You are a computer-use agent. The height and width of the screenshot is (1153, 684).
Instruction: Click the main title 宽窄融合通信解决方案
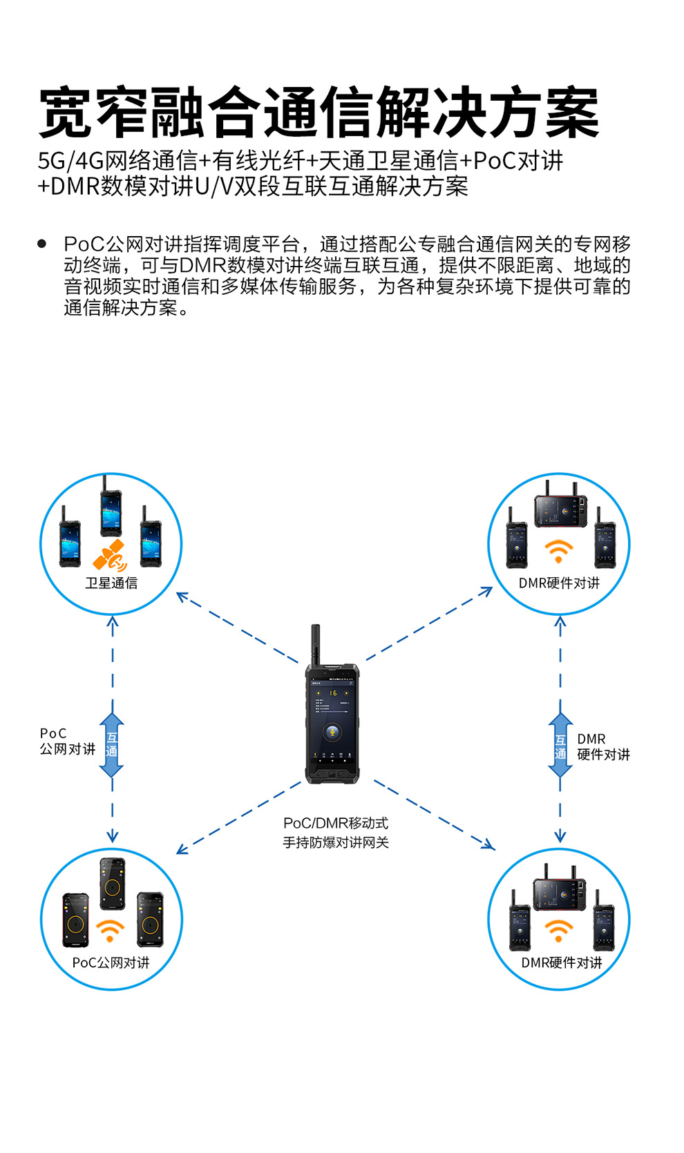(x=319, y=113)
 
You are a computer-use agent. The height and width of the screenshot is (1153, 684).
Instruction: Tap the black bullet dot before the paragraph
(x=42, y=244)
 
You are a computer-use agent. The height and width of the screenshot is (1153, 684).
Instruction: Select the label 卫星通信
(x=111, y=583)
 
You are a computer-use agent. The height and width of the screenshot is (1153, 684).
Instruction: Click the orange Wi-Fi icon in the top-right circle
(x=558, y=551)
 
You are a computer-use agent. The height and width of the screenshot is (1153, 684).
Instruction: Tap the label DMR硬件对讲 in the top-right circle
(x=559, y=583)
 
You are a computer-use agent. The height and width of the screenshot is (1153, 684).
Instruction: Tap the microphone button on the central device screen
(x=332, y=732)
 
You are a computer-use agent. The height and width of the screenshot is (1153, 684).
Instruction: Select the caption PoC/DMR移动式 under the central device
(x=336, y=823)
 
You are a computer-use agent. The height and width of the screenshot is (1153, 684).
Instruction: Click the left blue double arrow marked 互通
(x=112, y=745)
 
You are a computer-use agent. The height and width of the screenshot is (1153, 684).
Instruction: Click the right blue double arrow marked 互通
(x=560, y=746)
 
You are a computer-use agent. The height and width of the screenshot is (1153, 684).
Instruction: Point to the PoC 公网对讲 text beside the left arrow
(x=67, y=742)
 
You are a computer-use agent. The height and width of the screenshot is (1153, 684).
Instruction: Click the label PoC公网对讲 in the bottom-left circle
(x=111, y=962)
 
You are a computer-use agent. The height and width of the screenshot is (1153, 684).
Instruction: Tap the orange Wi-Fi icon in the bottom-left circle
(x=110, y=931)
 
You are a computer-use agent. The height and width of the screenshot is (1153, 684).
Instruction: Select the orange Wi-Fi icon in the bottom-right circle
(x=558, y=929)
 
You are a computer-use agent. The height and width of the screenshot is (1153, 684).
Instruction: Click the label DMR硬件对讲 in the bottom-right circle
(x=561, y=962)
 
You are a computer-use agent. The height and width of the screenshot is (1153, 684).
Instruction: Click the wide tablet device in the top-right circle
(x=560, y=511)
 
